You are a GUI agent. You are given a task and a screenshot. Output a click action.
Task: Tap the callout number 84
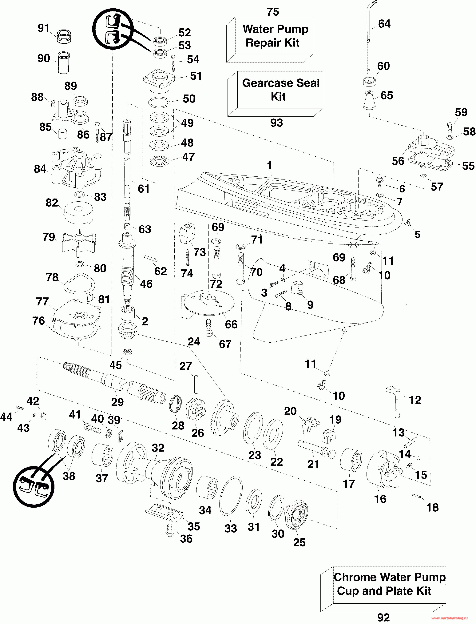(40, 169)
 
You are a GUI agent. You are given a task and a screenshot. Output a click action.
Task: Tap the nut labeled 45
(128, 352)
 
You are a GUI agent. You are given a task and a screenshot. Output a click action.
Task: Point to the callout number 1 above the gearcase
(269, 166)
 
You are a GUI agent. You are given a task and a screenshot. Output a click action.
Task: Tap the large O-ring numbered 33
(231, 496)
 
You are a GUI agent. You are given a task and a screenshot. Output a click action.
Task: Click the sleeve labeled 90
(64, 63)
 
